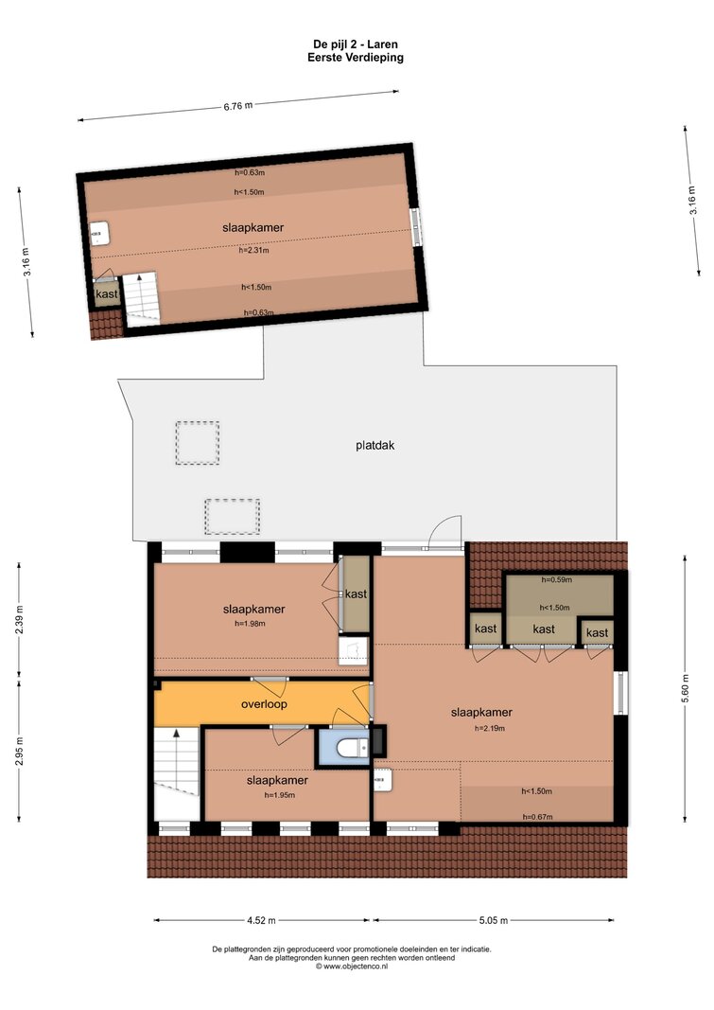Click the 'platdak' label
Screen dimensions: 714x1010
tap(375, 445)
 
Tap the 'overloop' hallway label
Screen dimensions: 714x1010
tap(264, 704)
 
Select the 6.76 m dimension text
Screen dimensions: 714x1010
tap(238, 106)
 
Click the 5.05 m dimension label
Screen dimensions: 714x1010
tap(494, 920)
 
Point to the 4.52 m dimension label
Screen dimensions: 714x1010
tap(261, 920)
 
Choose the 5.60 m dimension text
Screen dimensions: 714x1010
tap(685, 688)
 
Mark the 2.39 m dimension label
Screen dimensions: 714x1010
tap(19, 620)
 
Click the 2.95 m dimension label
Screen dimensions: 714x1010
tap(19, 752)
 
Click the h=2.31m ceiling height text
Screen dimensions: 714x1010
tap(254, 250)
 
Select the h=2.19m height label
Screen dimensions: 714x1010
tap(490, 729)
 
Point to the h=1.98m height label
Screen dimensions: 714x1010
tap(251, 623)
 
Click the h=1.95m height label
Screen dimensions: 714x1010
tap(280, 795)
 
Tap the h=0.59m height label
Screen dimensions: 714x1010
tap(556, 579)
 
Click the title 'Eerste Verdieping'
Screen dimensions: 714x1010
tap(356, 58)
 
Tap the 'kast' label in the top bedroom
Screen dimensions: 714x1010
tap(107, 294)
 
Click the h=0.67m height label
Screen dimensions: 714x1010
tap(537, 817)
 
